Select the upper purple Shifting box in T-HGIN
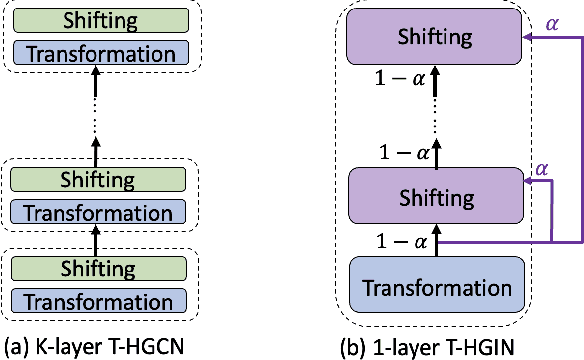point(437,37)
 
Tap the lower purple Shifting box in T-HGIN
point(437,194)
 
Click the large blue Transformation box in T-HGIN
point(437,287)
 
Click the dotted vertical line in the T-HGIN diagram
point(437,117)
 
